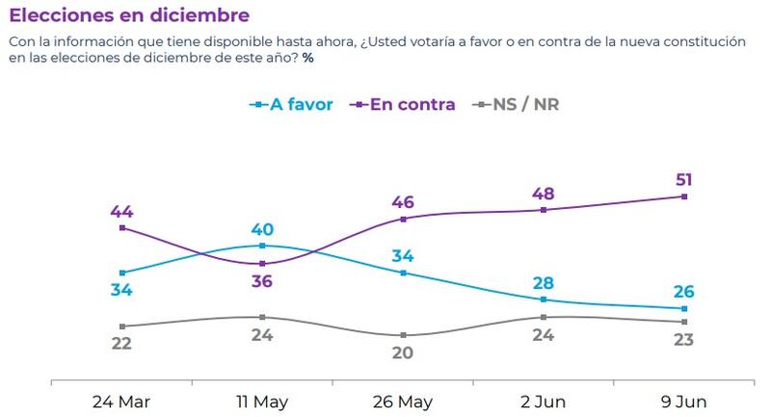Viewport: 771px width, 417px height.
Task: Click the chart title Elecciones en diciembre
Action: [x=129, y=15]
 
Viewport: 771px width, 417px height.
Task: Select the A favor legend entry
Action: [x=291, y=104]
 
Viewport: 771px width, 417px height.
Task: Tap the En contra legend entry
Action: [x=404, y=104]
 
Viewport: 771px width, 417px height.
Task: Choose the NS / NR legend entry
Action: [x=515, y=104]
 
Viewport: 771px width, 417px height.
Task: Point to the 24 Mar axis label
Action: [x=121, y=401]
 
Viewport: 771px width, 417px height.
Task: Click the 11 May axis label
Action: [x=262, y=401]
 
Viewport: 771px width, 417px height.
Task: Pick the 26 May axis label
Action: [x=403, y=401]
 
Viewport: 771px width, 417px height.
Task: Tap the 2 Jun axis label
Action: [x=544, y=401]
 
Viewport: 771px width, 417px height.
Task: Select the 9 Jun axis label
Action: [x=684, y=401]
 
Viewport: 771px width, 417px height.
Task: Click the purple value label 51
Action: [x=684, y=179]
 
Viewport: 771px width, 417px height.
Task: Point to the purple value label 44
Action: [x=121, y=211]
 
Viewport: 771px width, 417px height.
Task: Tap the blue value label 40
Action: [x=262, y=229]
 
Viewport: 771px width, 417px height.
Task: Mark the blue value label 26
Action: [x=684, y=292]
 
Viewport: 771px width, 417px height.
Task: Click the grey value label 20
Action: [x=403, y=352]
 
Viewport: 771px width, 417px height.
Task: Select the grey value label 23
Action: [x=684, y=339]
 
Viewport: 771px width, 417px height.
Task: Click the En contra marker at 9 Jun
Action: [x=684, y=196]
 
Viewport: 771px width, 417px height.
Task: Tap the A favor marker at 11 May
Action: [x=262, y=246]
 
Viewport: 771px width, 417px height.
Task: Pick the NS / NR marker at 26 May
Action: [x=403, y=335]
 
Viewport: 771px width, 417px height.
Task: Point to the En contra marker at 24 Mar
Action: [x=121, y=228]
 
